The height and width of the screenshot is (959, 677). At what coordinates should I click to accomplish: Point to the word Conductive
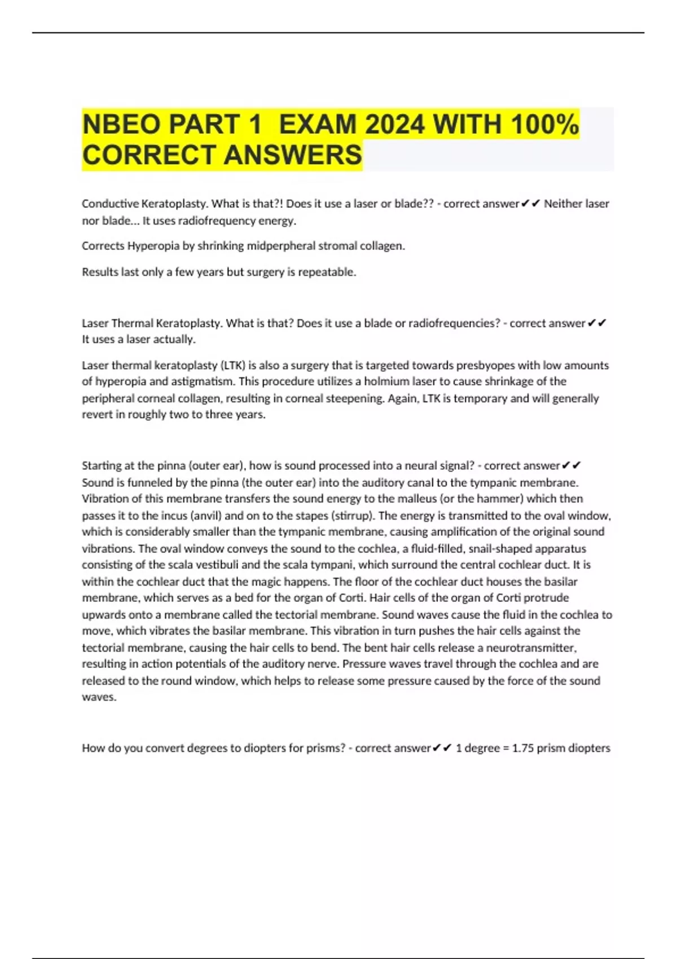pos(110,204)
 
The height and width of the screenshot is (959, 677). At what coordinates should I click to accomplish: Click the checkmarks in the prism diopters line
pos(443,748)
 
